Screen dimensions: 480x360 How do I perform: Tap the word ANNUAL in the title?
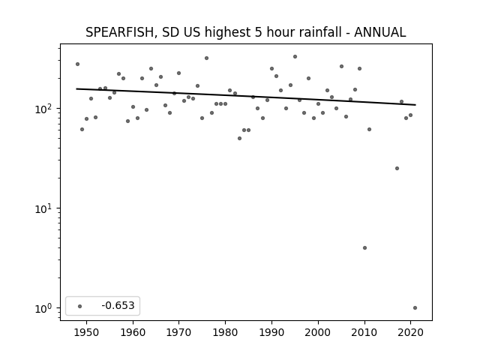tap(380, 32)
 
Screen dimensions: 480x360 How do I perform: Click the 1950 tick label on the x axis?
tap(86, 332)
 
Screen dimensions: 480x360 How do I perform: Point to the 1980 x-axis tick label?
tap(225, 332)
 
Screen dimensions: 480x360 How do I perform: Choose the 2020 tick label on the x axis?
tap(410, 332)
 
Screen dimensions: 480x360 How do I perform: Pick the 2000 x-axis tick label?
tap(318, 332)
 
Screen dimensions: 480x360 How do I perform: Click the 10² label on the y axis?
tap(44, 109)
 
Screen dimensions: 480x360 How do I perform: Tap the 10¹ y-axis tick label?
tap(44, 208)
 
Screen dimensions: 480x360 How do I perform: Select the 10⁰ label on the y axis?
tap(44, 308)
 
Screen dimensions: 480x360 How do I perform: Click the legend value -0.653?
tap(118, 305)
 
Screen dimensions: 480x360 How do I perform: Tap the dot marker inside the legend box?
tap(80, 306)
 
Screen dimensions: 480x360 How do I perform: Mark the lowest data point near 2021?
tap(415, 308)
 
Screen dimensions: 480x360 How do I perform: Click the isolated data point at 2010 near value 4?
tap(364, 248)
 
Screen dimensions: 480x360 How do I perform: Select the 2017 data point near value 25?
tap(397, 168)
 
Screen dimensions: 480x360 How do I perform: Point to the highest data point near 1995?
tap(295, 57)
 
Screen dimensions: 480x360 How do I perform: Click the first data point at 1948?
tap(77, 64)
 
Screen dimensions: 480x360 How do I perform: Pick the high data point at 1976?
tap(207, 58)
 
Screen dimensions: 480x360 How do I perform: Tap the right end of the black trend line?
tap(415, 105)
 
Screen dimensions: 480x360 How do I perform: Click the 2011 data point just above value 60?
tap(369, 130)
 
